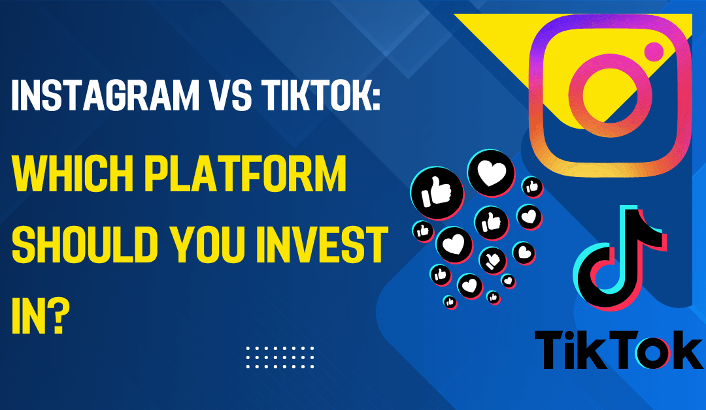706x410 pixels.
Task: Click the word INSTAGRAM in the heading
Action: [x=105, y=95]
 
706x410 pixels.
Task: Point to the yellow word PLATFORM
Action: [x=245, y=174]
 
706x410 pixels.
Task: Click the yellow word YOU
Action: [x=208, y=245]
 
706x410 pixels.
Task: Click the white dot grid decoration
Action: [x=280, y=357]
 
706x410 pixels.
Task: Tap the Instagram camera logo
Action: [x=611, y=95]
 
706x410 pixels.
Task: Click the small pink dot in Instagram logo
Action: [x=654, y=52]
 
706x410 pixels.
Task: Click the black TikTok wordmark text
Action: [x=618, y=350]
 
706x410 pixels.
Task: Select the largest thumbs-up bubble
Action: [x=437, y=193]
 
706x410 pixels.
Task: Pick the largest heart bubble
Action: [x=491, y=173]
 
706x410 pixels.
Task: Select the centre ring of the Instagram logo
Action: [x=604, y=95]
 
